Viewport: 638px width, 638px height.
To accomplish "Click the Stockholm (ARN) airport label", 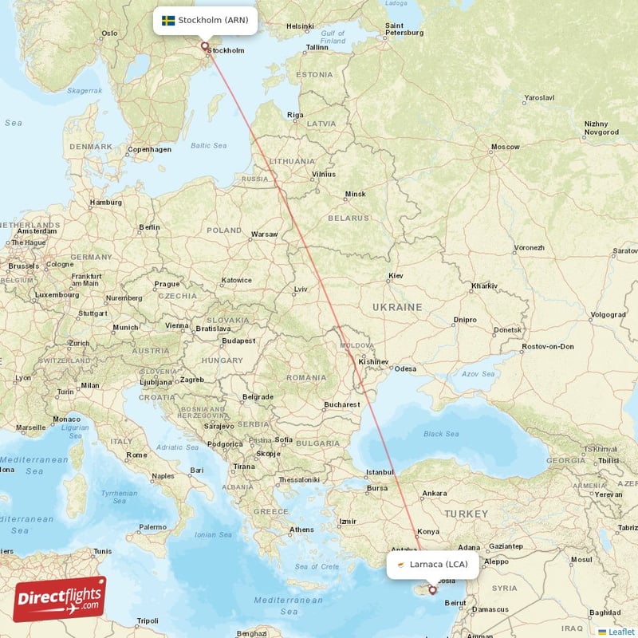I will click(206, 20).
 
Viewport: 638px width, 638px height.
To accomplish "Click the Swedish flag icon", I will click(168, 20).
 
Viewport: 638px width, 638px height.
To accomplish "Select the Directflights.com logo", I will click(60, 598).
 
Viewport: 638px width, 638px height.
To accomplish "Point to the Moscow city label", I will click(505, 147).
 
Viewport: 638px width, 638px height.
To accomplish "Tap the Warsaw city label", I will click(264, 234).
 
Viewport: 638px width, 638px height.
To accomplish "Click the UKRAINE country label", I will click(396, 307).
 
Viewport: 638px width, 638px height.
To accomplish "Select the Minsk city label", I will click(355, 194).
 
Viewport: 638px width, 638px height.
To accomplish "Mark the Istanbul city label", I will click(380, 472).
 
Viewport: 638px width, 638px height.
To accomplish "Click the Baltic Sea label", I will click(209, 145).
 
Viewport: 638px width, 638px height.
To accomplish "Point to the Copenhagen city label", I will click(149, 149).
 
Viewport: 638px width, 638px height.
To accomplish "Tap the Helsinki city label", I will click(300, 26).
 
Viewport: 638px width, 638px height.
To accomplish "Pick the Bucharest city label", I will click(342, 404).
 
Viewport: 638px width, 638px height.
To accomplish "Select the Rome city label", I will click(137, 455).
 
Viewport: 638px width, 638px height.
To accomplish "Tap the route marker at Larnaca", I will click(433, 590).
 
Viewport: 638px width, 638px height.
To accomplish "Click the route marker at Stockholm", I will click(205, 46).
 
